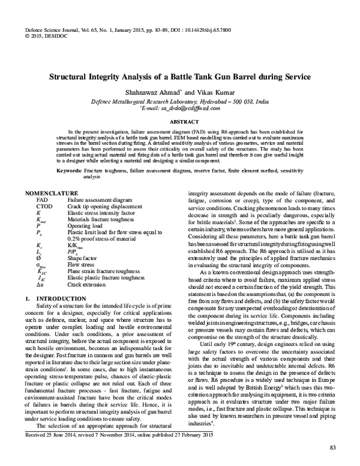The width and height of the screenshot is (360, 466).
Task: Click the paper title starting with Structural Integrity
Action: click(x=179, y=77)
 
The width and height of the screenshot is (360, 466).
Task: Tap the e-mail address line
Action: click(x=179, y=109)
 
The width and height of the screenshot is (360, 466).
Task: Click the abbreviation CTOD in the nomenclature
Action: click(x=46, y=205)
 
